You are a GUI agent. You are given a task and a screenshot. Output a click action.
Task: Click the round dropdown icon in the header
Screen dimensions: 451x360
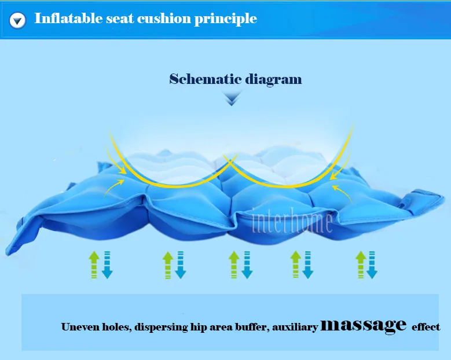(x=19, y=21)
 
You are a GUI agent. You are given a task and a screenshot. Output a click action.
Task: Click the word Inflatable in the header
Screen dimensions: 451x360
(x=66, y=19)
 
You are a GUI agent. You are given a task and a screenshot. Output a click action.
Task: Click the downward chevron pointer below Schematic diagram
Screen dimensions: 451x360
(x=232, y=99)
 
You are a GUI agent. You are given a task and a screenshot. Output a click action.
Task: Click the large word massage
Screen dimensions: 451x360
(x=364, y=325)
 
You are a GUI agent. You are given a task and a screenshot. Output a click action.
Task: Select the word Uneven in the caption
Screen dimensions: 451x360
(x=80, y=327)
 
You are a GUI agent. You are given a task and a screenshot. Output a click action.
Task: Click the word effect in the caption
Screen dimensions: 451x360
(x=426, y=327)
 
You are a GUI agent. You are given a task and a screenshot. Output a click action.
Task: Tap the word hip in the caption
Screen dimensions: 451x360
(x=198, y=328)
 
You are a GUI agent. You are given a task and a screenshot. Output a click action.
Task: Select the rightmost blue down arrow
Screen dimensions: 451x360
(x=373, y=265)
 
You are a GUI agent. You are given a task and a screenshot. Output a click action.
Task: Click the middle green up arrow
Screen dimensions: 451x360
(x=234, y=265)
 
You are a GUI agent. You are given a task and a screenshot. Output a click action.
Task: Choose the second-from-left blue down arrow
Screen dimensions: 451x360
(x=180, y=265)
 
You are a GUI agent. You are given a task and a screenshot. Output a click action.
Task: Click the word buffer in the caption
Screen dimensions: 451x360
(x=248, y=327)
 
